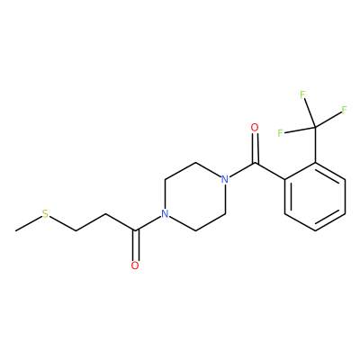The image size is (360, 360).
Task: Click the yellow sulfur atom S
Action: pos(45,214)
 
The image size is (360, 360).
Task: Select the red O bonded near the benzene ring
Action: pos(255,128)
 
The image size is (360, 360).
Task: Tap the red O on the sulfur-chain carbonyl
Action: pos(135,265)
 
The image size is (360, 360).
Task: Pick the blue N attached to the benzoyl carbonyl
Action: pos(225,179)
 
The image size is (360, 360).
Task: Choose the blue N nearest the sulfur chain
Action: pos(165,214)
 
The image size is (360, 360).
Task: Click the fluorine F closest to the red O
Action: pos(281,133)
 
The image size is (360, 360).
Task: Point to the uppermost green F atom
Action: pos(302,94)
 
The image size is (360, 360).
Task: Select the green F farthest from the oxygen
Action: pos(344,110)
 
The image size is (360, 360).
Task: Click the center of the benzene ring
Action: pos(315,197)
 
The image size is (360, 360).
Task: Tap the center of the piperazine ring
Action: pos(195,197)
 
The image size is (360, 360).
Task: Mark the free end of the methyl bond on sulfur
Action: pos(15,230)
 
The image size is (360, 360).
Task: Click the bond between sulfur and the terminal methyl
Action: pos(29,223)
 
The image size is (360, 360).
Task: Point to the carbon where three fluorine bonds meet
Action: pos(315,128)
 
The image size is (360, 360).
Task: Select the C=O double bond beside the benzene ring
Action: pos(255,148)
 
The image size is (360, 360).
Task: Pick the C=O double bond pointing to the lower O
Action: pos(135,246)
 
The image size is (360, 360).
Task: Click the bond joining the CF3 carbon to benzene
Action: pos(315,145)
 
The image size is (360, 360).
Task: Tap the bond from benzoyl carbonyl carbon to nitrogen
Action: pos(242,170)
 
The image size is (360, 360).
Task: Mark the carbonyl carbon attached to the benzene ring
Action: pos(255,163)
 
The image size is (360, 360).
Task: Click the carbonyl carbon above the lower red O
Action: pos(135,230)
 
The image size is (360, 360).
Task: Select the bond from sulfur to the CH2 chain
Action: pos(62,223)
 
